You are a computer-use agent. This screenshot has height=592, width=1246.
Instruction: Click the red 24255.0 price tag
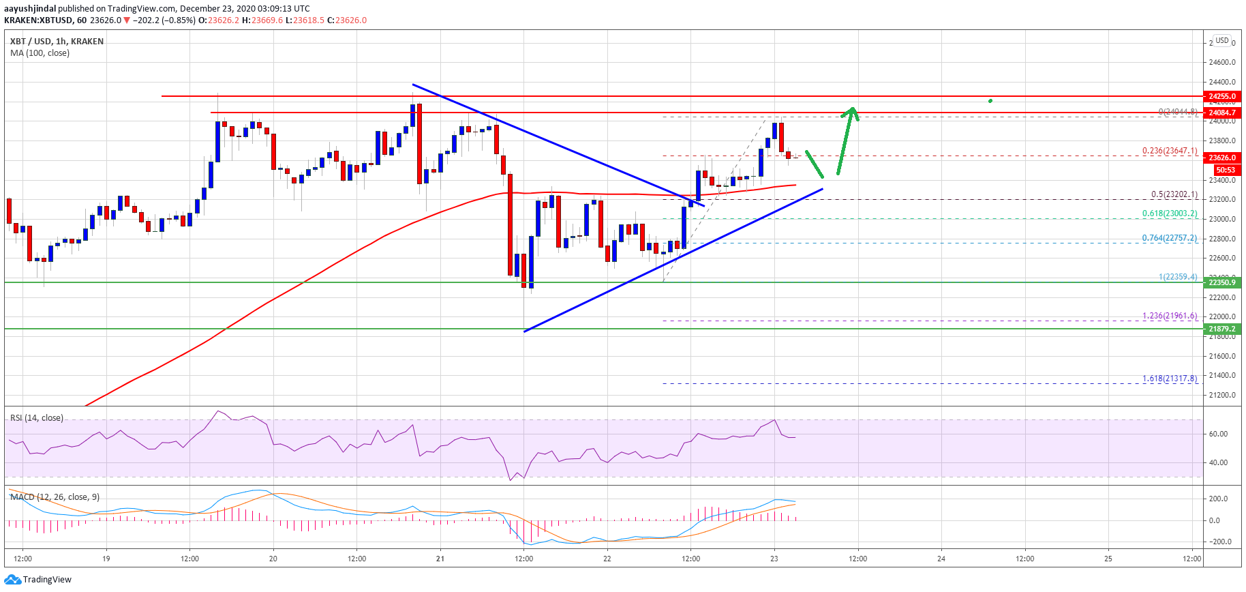1223,97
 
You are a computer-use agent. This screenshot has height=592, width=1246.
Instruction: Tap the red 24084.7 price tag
1223,113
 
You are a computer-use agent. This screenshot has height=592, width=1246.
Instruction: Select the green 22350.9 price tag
1223,282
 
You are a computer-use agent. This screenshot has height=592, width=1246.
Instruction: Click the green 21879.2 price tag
1223,329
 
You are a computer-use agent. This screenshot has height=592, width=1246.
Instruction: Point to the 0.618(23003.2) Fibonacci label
1170,213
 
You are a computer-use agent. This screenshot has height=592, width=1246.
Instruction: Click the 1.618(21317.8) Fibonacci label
1170,379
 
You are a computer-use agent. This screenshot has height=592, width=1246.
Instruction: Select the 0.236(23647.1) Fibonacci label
1170,151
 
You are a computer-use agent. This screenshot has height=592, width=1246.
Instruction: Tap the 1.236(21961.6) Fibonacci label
1170,316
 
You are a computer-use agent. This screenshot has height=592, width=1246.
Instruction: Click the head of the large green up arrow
851,110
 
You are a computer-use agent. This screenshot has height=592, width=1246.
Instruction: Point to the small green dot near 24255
990,101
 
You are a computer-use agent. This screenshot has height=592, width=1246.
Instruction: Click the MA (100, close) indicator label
40,53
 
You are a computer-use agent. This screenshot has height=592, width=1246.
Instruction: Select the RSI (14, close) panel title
37,418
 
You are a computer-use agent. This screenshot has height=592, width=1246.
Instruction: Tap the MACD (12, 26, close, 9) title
55,497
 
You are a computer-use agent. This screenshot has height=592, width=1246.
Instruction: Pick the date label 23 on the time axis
774,559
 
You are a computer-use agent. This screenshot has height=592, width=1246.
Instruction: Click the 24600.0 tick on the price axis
1222,62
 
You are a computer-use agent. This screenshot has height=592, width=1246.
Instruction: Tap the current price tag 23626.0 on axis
1223,158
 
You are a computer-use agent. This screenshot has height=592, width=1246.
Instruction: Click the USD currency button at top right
1222,40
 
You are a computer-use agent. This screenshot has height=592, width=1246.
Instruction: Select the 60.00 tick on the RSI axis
1218,434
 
